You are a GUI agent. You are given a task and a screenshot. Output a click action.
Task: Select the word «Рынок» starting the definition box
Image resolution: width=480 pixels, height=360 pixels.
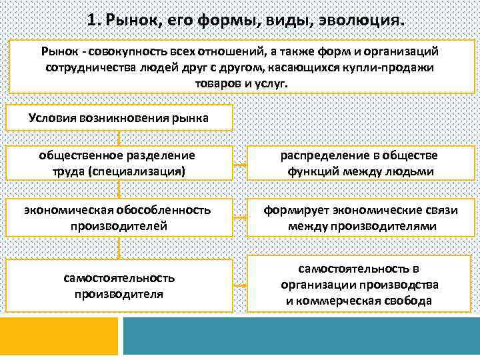pos(59,51)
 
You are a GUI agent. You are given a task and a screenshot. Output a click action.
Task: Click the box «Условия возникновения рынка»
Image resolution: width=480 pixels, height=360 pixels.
pos(119,118)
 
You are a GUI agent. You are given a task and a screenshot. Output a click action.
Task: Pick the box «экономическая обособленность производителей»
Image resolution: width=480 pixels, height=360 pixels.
pos(119,218)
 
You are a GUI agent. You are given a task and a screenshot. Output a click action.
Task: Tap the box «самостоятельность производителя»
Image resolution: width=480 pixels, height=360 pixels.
pos(119,285)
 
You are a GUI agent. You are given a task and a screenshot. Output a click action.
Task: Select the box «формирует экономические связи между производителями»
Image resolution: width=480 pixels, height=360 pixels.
pos(359,218)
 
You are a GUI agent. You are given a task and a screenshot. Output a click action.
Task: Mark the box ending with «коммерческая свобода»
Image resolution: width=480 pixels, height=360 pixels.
pos(359,285)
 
